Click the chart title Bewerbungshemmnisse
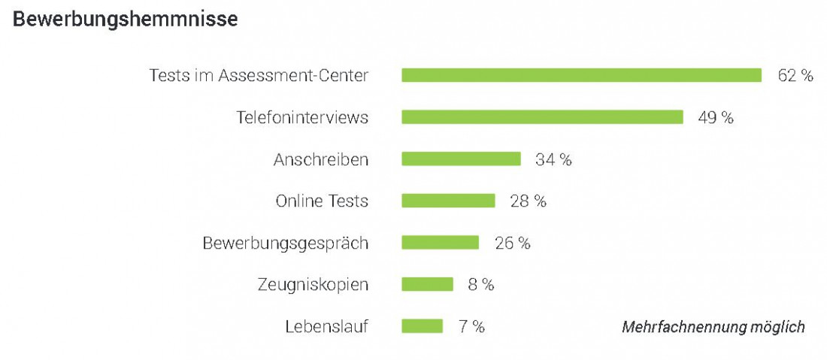tap(126, 20)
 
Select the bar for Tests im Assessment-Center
tap(581, 75)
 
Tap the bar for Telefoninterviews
tap(542, 117)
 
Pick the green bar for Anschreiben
tap(461, 159)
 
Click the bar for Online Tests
tap(448, 201)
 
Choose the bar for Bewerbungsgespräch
tap(440, 243)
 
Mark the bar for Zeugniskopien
tap(427, 284)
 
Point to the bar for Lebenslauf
tap(422, 326)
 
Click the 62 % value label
tap(795, 76)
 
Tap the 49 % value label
tap(716, 118)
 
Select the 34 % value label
tap(553, 159)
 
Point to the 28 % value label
tap(528, 201)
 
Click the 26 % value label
tap(512, 244)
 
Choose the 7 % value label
tap(471, 327)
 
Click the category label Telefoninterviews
tap(302, 118)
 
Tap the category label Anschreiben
tap(321, 159)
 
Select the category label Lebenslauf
tap(327, 327)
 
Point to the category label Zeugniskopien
tap(314, 286)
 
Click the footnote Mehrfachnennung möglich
tap(713, 327)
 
